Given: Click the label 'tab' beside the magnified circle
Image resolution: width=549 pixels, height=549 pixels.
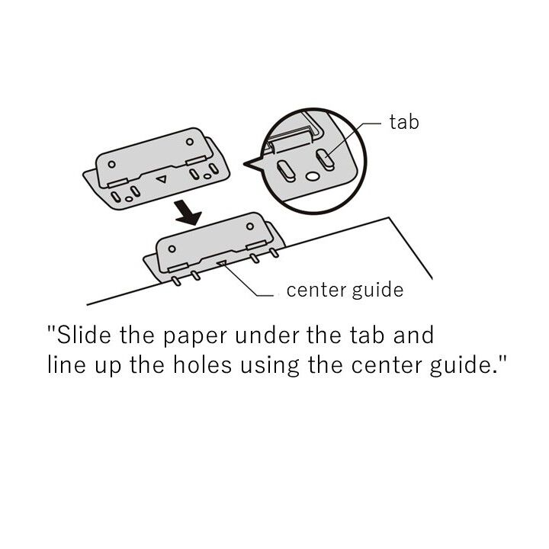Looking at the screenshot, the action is coord(404,122).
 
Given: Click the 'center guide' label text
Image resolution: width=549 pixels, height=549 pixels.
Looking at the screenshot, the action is coord(345,291).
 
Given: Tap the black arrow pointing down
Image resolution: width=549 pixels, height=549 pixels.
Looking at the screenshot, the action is coord(188,213).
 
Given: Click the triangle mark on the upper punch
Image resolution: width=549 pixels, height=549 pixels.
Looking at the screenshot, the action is coord(162,179).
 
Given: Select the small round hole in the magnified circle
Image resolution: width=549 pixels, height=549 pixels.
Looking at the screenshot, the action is coord(311,176).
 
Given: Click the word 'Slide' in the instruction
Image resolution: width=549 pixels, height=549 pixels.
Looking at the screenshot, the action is coord(84,335).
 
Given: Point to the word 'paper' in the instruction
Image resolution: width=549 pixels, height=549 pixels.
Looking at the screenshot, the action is coord(195,337).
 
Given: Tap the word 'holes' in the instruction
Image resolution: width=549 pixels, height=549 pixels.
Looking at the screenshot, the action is coord(202,364).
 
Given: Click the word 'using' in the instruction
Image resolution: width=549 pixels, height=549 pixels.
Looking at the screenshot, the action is coord(269,367).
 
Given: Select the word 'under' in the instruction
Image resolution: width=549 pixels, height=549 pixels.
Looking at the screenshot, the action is coord(267,335).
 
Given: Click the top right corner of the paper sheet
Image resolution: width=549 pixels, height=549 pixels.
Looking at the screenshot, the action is coord(389,217).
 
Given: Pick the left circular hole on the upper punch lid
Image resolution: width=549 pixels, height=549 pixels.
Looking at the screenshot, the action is coord(111,164).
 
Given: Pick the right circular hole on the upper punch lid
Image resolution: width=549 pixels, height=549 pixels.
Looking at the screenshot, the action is coord(190,142).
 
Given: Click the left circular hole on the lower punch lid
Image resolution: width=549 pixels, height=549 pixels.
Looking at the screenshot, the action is coord(172,249).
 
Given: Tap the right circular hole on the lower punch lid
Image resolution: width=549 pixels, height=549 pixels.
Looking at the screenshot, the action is coord(250,226).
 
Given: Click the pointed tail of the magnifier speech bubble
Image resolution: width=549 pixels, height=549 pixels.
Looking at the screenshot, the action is coord(245,163).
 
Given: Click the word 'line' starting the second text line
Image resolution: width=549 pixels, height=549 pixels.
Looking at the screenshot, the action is coord(66,364).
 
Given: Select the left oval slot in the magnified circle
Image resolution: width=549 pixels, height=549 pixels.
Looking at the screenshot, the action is coord(286,172).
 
